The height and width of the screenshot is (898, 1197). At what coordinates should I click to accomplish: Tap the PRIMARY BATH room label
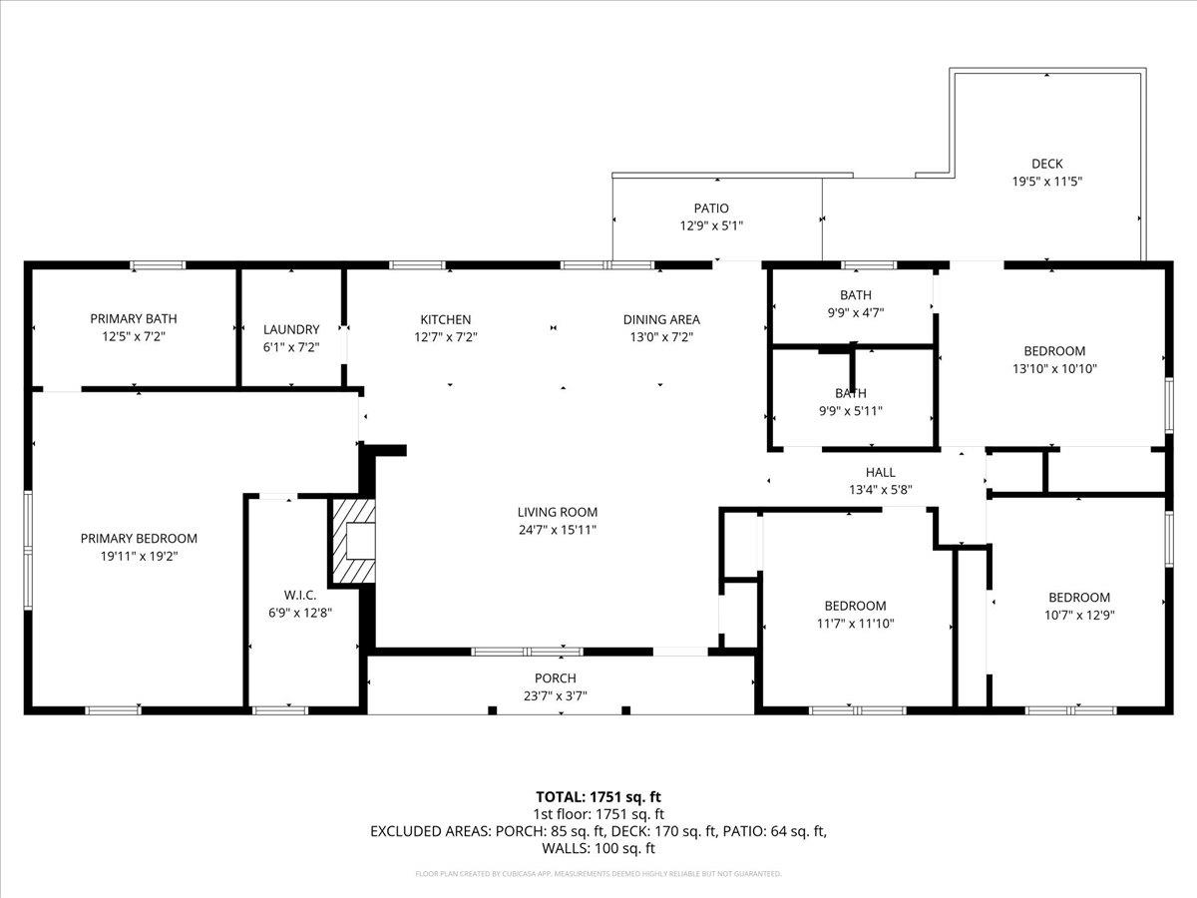point(134,319)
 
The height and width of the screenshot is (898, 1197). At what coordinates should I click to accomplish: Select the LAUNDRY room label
point(291,329)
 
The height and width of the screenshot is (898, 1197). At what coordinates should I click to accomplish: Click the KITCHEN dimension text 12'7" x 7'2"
point(445,337)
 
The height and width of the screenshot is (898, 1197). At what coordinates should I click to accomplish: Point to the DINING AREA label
point(661,319)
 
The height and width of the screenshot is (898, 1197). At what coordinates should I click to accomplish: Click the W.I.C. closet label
point(300,595)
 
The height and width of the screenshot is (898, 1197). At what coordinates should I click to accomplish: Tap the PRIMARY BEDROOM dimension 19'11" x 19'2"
point(139,556)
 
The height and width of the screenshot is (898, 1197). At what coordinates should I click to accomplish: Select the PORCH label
point(556,678)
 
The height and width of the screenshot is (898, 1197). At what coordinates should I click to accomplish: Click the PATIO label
point(711,209)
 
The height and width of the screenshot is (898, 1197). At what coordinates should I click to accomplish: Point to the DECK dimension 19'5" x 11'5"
point(1047,182)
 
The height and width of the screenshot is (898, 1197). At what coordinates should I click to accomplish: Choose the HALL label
point(880,472)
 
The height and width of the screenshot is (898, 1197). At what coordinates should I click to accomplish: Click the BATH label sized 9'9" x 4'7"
point(855,295)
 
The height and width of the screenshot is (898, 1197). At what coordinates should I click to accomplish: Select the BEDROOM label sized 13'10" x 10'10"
point(1054,351)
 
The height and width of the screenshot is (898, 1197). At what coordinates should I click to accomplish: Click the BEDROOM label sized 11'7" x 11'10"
point(855,606)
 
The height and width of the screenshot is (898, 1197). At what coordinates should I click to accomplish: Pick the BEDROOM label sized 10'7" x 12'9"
point(1078,598)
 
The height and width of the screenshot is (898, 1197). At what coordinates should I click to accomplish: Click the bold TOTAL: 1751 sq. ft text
point(598,796)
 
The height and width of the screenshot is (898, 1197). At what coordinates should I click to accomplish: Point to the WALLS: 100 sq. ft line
point(598,848)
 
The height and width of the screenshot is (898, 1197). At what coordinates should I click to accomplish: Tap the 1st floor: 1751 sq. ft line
point(598,813)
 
